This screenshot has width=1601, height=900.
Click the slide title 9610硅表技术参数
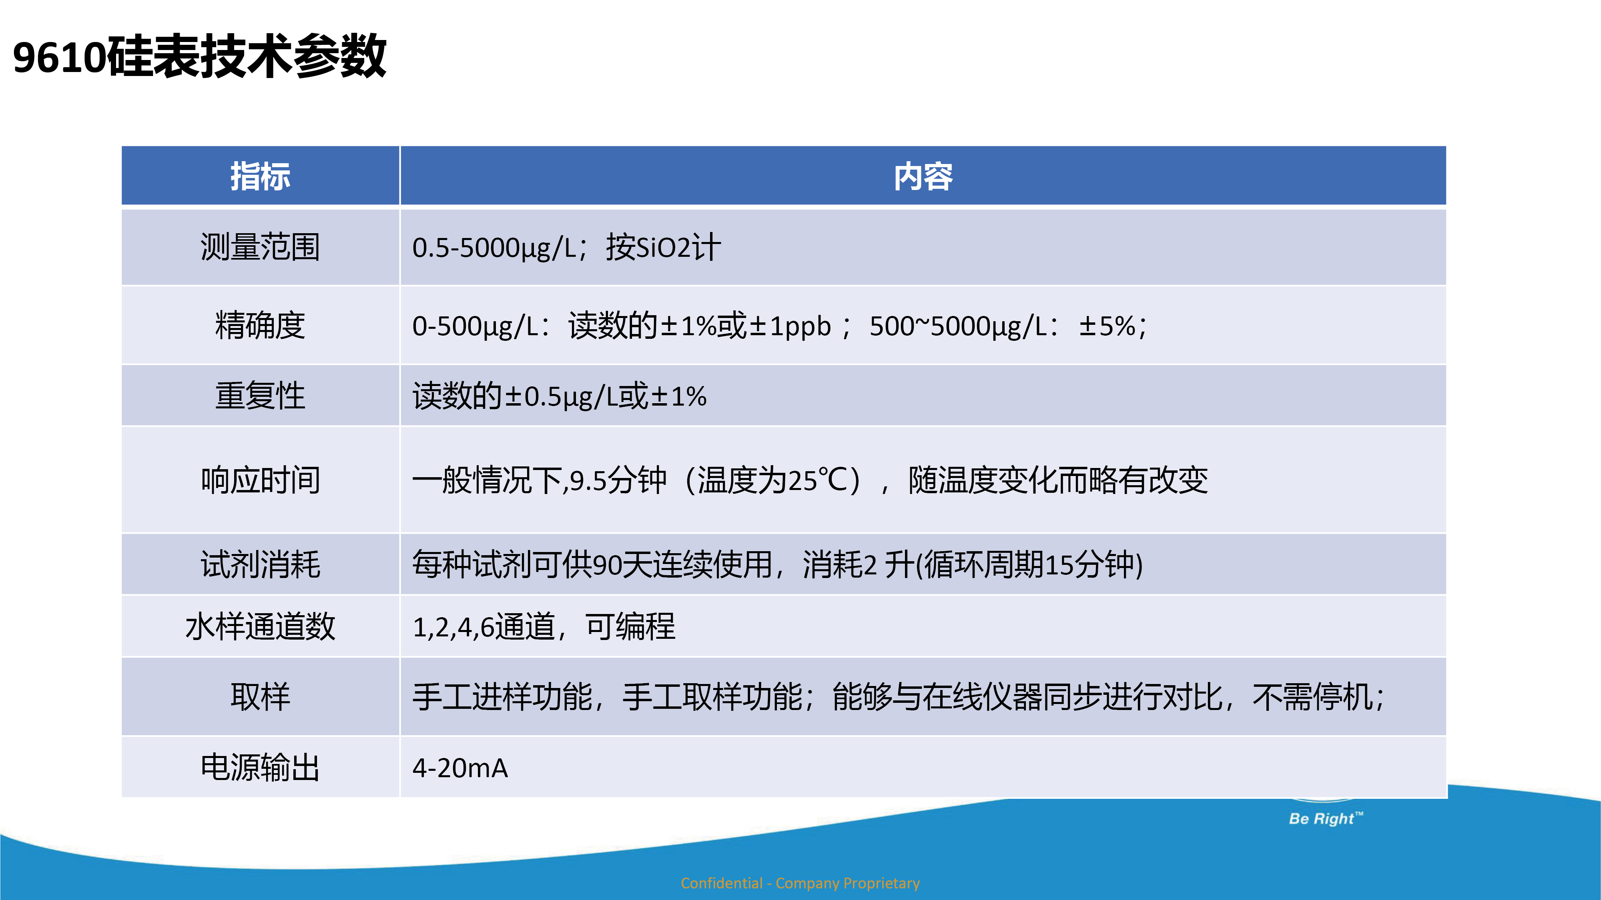coord(199,56)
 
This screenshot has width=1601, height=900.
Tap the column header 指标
coord(261,176)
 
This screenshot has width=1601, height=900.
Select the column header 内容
coord(923,176)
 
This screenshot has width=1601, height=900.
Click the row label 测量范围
coord(261,247)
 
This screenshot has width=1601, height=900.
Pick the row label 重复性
coord(261,396)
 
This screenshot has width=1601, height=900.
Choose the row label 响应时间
coord(261,480)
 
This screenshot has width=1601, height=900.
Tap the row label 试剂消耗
coord(261,564)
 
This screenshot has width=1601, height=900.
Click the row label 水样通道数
coord(261,626)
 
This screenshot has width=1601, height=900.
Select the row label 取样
coord(261,696)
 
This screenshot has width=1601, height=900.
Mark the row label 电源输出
coord(261,767)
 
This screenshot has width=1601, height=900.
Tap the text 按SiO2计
coord(664,247)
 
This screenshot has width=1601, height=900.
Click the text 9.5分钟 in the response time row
coord(618,480)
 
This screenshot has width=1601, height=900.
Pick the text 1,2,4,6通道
coord(484,626)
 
